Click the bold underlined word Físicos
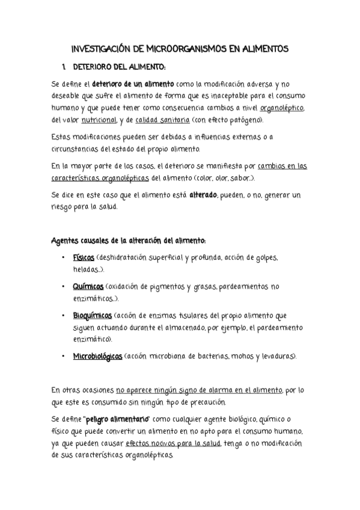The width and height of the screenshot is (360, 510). [x=84, y=257]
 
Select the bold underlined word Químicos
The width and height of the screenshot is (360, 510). [x=88, y=286]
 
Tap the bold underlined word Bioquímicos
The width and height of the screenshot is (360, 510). [x=93, y=315]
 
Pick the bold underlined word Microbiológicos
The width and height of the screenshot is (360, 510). [x=98, y=356]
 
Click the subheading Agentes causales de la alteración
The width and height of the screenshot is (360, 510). [x=129, y=241]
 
